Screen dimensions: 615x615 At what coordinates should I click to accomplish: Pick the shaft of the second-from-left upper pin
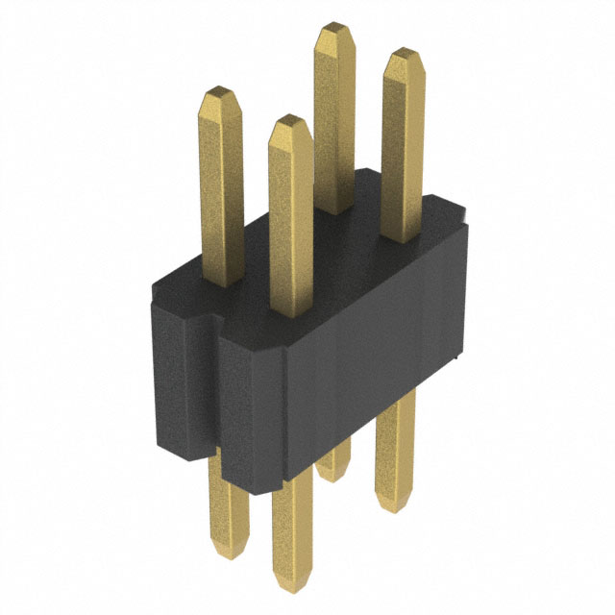point(290,231)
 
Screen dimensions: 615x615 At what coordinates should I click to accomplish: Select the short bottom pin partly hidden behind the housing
point(332,466)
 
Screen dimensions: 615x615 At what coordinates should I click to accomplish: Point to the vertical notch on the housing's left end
point(207,384)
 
